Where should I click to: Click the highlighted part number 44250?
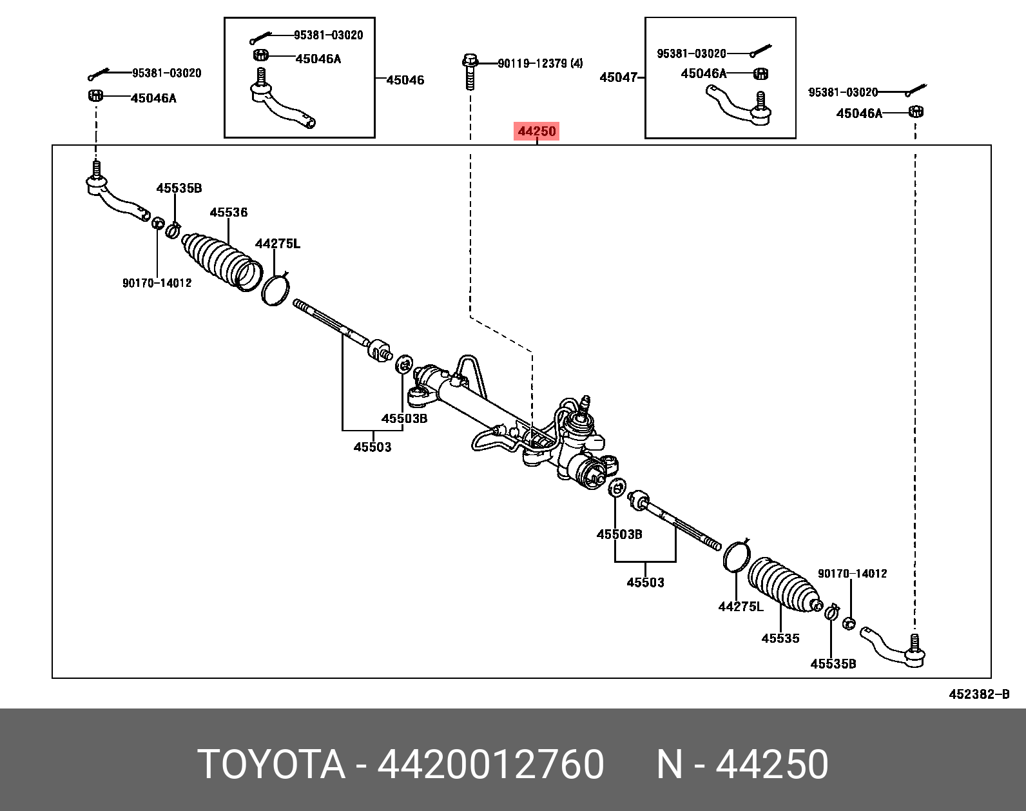[536, 132]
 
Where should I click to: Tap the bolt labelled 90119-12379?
[470, 72]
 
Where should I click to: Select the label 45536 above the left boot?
[228, 212]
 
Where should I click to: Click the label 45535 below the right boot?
[780, 638]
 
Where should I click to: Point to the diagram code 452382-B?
[978, 694]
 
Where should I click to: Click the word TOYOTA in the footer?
[271, 765]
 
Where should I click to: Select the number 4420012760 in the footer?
[490, 765]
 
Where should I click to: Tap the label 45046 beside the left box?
[405, 80]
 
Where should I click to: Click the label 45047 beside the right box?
[618, 77]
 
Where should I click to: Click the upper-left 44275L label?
[277, 244]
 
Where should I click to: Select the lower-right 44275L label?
[740, 607]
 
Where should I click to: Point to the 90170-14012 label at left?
[157, 283]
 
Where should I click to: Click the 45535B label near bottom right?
[833, 664]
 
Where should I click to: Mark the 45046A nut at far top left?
[95, 96]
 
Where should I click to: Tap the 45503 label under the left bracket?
[372, 447]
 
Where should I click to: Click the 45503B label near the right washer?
[619, 534]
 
